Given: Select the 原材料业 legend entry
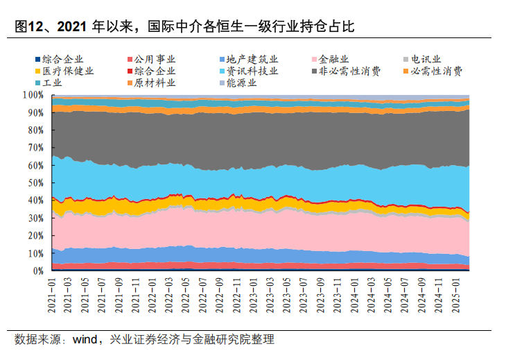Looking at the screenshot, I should tap(154, 83).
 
